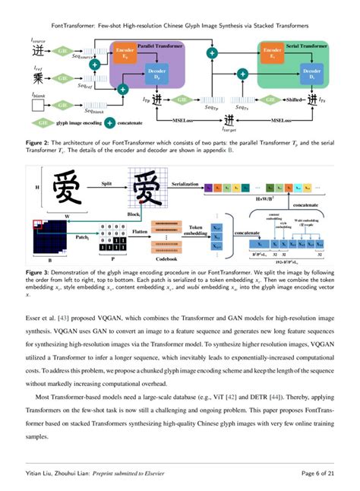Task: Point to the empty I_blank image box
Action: (38, 105)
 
